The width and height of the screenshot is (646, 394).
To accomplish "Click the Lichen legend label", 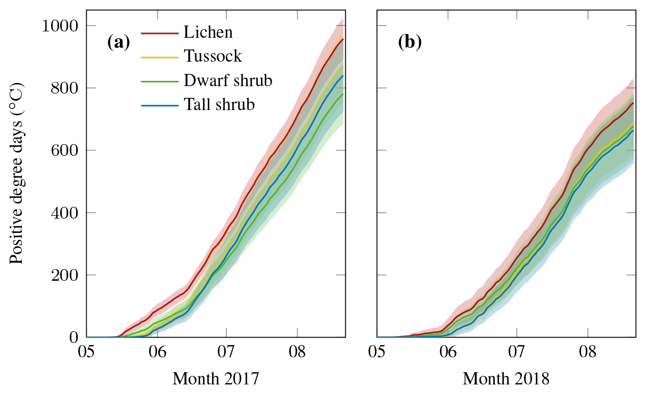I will pyautogui.click(x=208, y=32).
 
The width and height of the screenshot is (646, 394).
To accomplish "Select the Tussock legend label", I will pyautogui.click(x=213, y=56).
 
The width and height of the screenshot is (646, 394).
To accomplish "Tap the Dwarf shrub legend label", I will pyautogui.click(x=228, y=81).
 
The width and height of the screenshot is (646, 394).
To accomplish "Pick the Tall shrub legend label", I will pyautogui.click(x=219, y=105).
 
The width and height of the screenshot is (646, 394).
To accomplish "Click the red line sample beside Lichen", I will pyautogui.click(x=159, y=32).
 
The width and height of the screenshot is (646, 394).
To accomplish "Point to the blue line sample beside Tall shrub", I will pyautogui.click(x=159, y=105).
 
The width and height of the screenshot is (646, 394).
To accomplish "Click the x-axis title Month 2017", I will pyautogui.click(x=216, y=379).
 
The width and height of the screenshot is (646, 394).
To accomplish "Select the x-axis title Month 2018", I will pyautogui.click(x=506, y=379).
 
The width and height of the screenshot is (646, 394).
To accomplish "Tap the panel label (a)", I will pyautogui.click(x=118, y=42).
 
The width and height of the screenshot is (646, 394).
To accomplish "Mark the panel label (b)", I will pyautogui.click(x=410, y=42).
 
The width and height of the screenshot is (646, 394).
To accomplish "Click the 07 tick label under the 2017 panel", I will pyautogui.click(x=226, y=353).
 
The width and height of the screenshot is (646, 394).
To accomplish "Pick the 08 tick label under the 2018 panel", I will pyautogui.click(x=587, y=353).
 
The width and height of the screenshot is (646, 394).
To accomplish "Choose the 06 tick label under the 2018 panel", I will pyautogui.click(x=448, y=353).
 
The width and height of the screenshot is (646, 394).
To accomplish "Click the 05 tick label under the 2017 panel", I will pyautogui.click(x=87, y=353).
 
